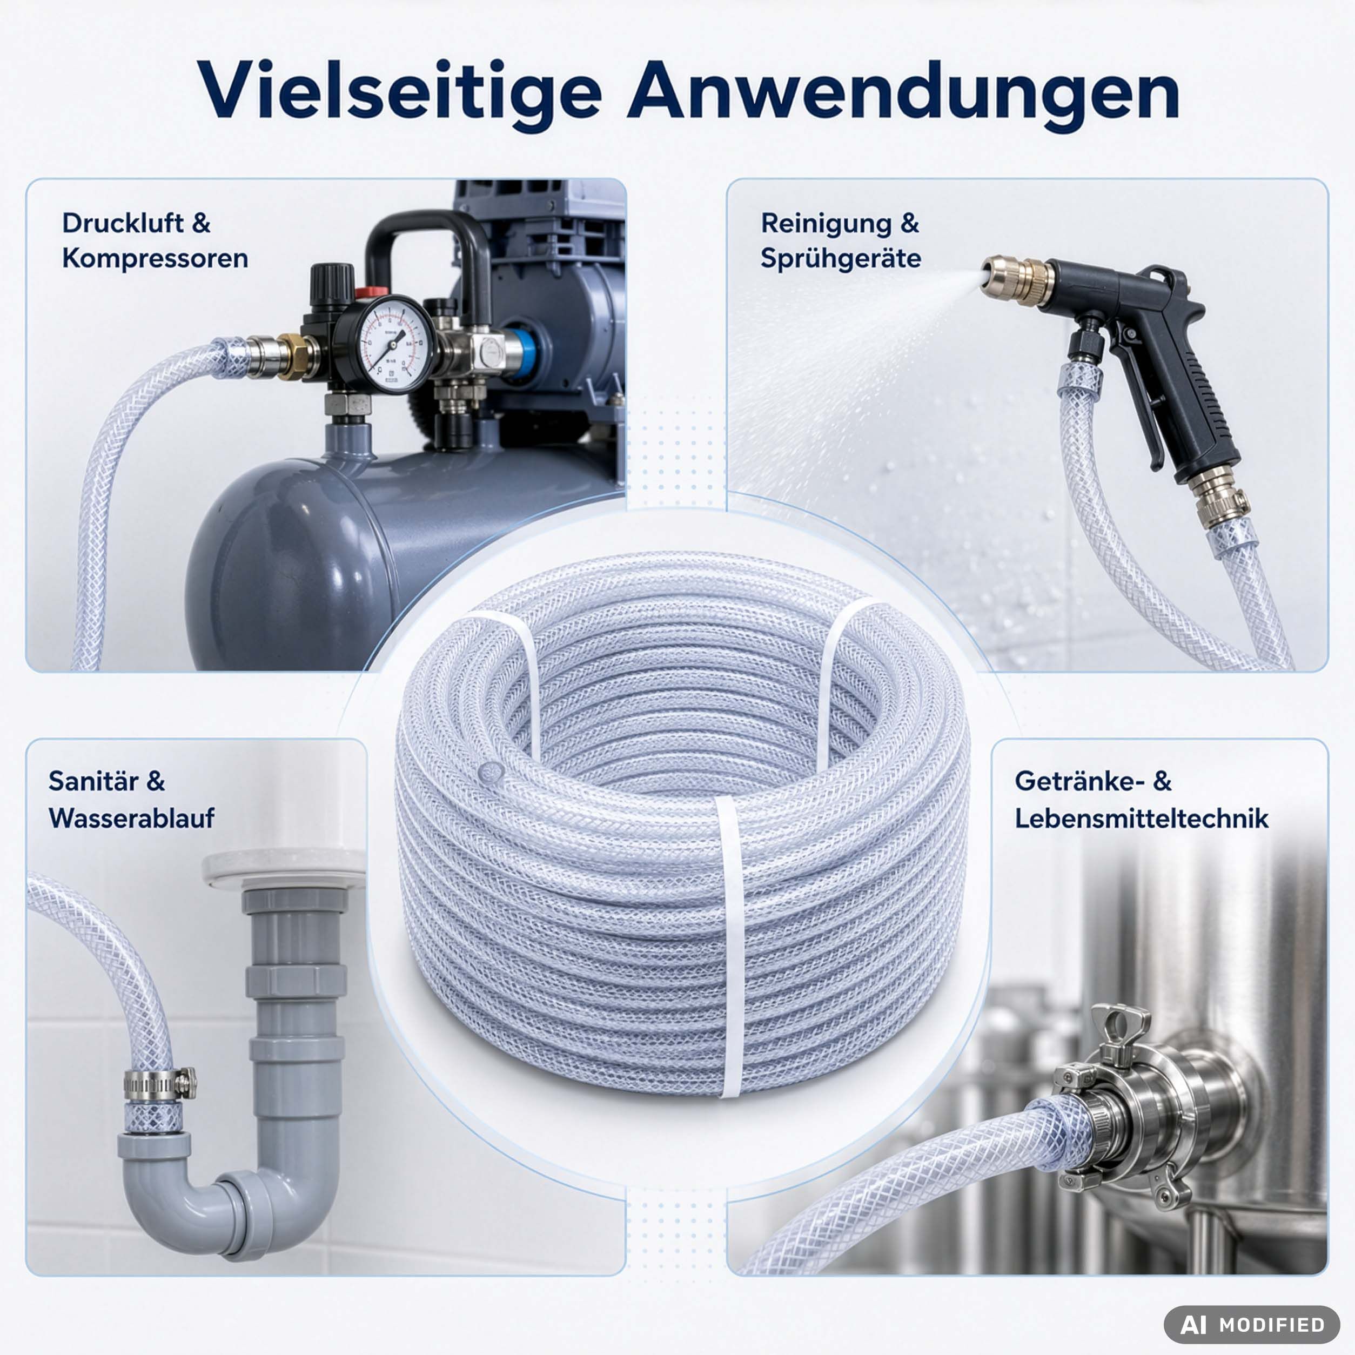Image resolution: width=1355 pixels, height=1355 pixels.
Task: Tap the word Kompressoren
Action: coord(155,259)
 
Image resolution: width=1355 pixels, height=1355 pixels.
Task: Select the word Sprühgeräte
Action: coord(840,259)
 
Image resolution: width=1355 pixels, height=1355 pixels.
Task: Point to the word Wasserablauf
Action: coord(131,818)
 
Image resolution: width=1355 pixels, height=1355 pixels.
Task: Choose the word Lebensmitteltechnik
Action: coord(1141,818)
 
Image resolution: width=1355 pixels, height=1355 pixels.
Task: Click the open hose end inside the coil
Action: coord(490,772)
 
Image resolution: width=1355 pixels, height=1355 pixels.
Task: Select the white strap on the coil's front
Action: coord(732,947)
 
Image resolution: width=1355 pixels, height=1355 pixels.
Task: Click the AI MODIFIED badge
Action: coord(1252,1324)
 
